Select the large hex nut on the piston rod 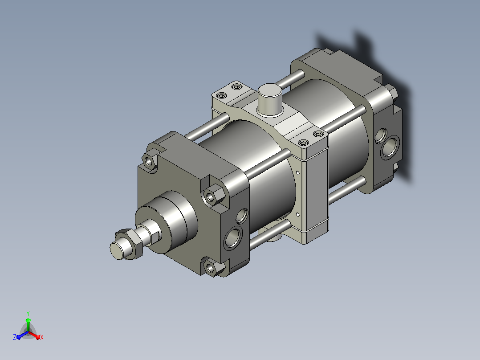coord(130,244)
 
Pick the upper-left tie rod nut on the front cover coord(150,160)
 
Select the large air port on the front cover coord(233,237)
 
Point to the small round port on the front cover coord(242,215)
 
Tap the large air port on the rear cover coord(390,147)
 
